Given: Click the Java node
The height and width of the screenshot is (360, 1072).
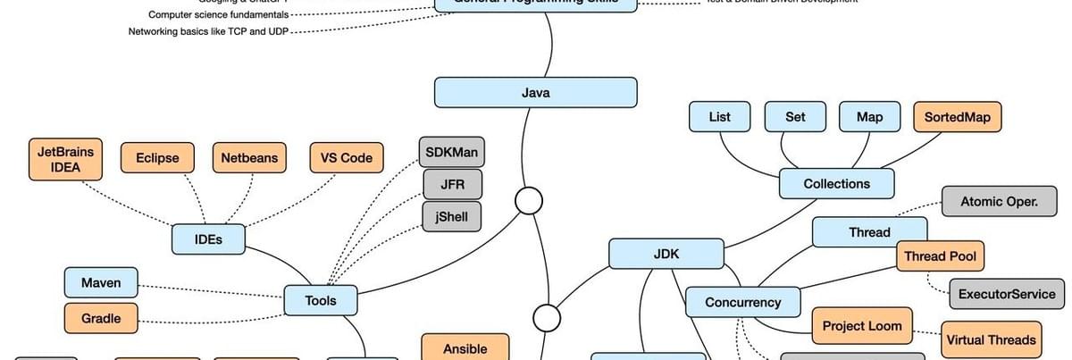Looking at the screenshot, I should coord(535,93).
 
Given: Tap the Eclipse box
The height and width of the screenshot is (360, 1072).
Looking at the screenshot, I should coord(157,158).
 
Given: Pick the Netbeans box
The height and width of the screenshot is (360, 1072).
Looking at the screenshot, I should coord(249,158).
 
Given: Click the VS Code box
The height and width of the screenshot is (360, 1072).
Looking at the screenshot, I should coord(347,158).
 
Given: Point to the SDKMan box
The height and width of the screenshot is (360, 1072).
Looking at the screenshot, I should coord(451,152).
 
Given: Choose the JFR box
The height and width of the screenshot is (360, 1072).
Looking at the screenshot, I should coord(451,185).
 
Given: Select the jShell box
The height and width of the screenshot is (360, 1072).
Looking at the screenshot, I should coord(451,217).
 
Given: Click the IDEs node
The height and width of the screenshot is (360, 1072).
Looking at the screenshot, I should coord(208,239).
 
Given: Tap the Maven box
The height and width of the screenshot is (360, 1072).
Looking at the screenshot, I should coord(101,283).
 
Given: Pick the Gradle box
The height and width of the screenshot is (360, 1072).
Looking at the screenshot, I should coord(101,318).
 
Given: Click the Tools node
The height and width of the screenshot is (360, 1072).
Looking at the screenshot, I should coord(321,301).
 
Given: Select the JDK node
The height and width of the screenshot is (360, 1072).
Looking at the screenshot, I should coord(666,254).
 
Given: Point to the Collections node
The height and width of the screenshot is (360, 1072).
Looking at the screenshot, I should coord(836,184).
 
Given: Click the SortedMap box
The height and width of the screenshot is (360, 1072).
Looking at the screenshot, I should coord(957,117).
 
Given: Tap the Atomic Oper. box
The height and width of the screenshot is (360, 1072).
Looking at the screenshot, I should coord(999,202).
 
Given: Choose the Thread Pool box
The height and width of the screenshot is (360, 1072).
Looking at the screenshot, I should coord(940,256).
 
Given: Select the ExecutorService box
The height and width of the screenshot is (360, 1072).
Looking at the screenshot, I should coord(1007,293).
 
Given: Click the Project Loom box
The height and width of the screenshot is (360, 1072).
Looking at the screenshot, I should coord(862,326).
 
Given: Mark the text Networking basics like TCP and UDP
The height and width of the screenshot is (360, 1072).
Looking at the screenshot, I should coord(208,31).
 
